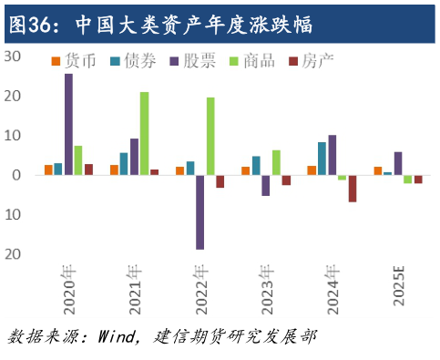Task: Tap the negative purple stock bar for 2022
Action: pos(200,211)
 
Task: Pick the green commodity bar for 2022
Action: pos(210,136)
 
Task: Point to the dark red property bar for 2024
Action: pos(353,189)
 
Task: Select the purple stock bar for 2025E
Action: pos(398,163)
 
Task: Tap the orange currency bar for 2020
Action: pos(48,170)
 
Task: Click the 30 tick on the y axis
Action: pos(12,57)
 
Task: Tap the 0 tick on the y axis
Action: pos(16,175)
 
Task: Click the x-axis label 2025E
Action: pos(398,288)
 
